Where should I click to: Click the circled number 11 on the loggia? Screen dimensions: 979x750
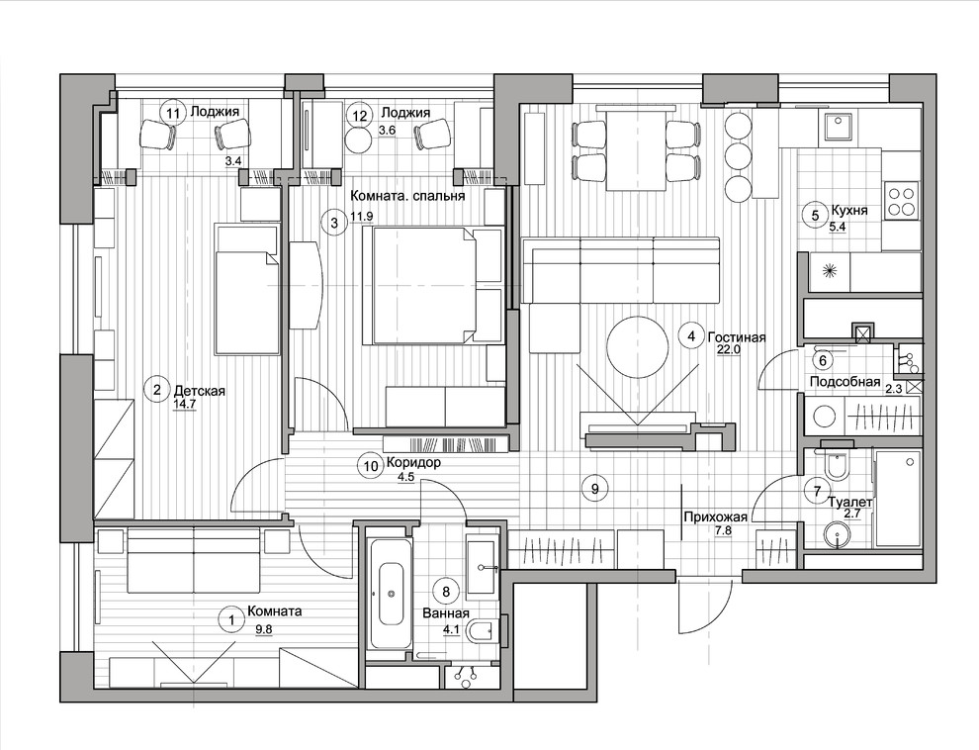click(x=173, y=113)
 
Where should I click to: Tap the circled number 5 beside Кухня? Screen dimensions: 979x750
click(x=815, y=216)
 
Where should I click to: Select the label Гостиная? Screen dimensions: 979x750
click(x=737, y=337)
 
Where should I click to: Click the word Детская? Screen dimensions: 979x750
click(x=199, y=392)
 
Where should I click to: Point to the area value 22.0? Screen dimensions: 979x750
click(x=729, y=350)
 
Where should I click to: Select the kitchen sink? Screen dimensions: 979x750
click(x=838, y=127)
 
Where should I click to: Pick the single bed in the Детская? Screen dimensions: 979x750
click(x=246, y=288)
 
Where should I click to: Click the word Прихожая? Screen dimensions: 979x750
click(x=716, y=517)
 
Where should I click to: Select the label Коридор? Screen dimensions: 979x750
click(x=413, y=463)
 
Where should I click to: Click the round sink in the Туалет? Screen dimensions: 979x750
click(x=838, y=536)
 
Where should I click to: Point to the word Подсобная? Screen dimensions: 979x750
click(x=845, y=382)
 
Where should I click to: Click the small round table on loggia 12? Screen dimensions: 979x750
click(x=358, y=140)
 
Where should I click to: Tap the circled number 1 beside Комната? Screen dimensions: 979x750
click(x=231, y=620)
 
